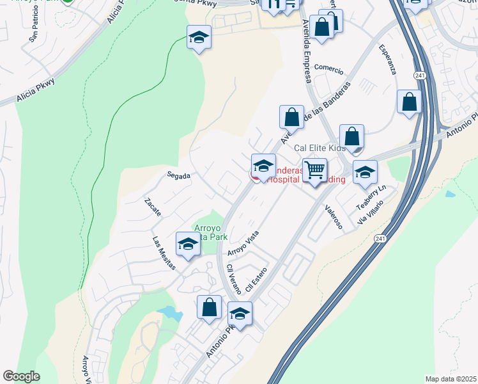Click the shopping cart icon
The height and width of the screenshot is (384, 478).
click(x=314, y=170)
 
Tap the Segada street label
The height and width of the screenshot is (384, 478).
click(x=180, y=175)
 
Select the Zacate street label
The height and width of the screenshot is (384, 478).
click(x=153, y=206)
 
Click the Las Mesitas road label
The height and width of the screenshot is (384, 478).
click(x=163, y=253)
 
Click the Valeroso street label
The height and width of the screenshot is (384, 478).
click(x=334, y=217)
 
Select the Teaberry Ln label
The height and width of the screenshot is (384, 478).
click(x=372, y=196)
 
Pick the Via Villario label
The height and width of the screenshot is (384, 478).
click(x=371, y=212)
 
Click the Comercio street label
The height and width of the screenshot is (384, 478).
click(x=328, y=70)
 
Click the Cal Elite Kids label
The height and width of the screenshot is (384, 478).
click(x=320, y=148)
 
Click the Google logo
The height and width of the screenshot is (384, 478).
click(x=21, y=376)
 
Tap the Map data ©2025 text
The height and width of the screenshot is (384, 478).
click(x=451, y=379)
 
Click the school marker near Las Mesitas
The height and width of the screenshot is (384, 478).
click(x=188, y=244)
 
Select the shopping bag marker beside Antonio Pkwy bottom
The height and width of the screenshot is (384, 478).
click(x=209, y=307)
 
